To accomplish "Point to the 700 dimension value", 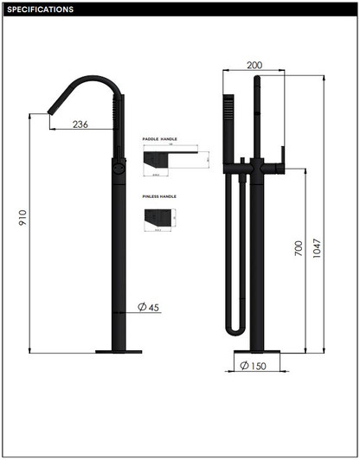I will (x=298, y=251).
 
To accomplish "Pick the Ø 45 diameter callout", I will (x=148, y=306).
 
